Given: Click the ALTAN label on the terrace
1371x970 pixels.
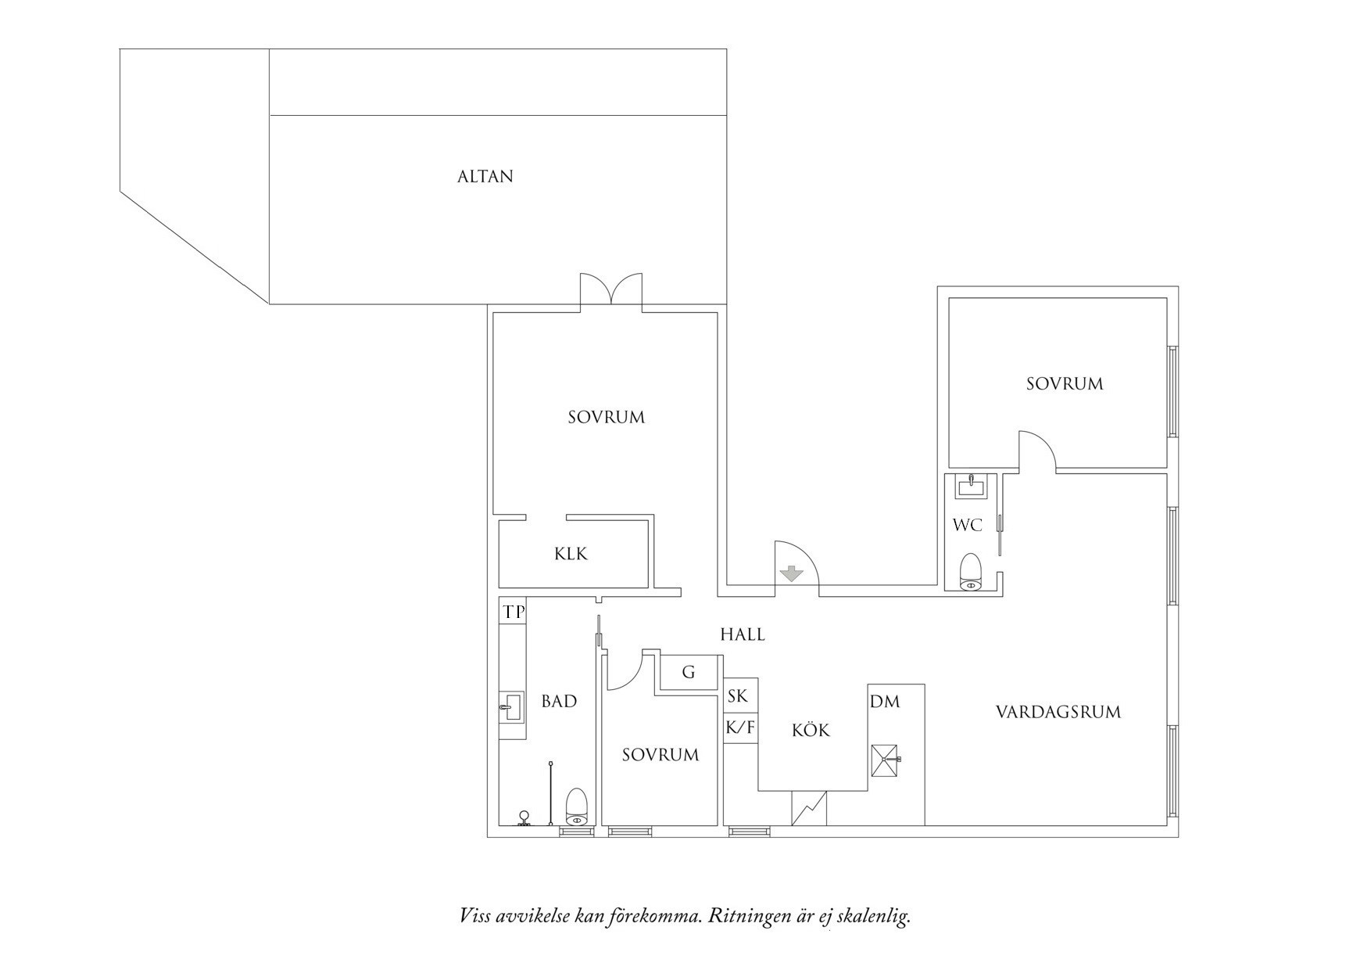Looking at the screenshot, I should click(485, 177).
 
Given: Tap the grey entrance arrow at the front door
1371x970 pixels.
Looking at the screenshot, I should click(792, 574).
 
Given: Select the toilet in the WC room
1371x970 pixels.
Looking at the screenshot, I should click(970, 572).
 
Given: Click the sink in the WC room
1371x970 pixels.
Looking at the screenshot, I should click(971, 486).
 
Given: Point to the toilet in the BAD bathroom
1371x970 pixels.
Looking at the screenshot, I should click(576, 807).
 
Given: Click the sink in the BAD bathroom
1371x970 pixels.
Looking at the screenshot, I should click(511, 706).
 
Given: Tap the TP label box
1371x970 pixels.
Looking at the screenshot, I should click(514, 612).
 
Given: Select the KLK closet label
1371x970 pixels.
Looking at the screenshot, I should click(571, 554).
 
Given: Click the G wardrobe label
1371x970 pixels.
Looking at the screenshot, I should click(689, 672).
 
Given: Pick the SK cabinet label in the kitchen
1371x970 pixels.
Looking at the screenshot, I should click(738, 695).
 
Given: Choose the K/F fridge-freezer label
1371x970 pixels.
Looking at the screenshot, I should click(740, 728).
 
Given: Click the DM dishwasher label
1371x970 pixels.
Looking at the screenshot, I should click(885, 702).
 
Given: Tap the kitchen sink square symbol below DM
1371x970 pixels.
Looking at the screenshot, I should click(886, 760).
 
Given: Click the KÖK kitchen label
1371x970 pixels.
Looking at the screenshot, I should click(811, 731).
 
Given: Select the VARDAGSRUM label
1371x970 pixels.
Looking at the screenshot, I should click(1058, 712).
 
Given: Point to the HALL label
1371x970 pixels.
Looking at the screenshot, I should click(743, 634).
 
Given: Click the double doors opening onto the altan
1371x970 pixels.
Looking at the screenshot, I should click(611, 290).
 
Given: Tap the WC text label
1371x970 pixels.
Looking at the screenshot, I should click(967, 525).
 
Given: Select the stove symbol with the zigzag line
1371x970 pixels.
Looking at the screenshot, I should click(809, 808).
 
